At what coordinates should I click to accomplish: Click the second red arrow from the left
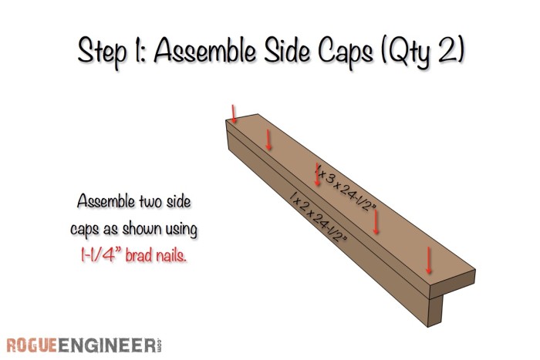tap(268, 139)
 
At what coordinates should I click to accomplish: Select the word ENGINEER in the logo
tap(107, 343)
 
